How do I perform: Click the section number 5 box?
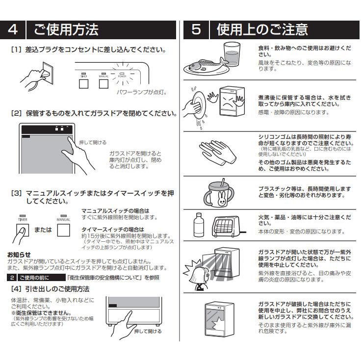click(x=196, y=29)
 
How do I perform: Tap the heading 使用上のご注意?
click(x=262, y=29)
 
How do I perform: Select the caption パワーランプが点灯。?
click(x=142, y=92)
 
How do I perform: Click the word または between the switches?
click(x=43, y=229)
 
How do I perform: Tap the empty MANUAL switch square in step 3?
click(x=64, y=230)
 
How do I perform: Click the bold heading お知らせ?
click(x=19, y=255)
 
